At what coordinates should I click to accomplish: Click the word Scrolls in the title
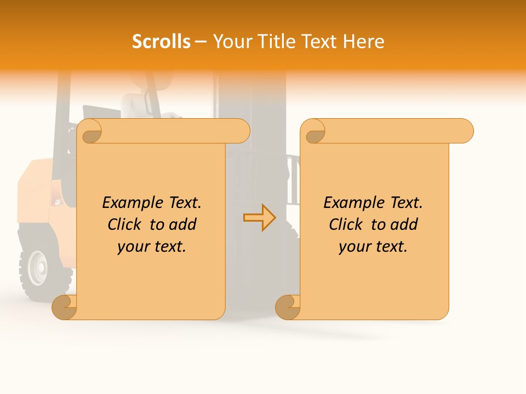[161, 42]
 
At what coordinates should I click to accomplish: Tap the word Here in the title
[364, 42]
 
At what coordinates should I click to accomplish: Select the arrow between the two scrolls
[259, 218]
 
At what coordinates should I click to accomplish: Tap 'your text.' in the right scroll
[373, 247]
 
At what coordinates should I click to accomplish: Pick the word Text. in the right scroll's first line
[405, 203]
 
